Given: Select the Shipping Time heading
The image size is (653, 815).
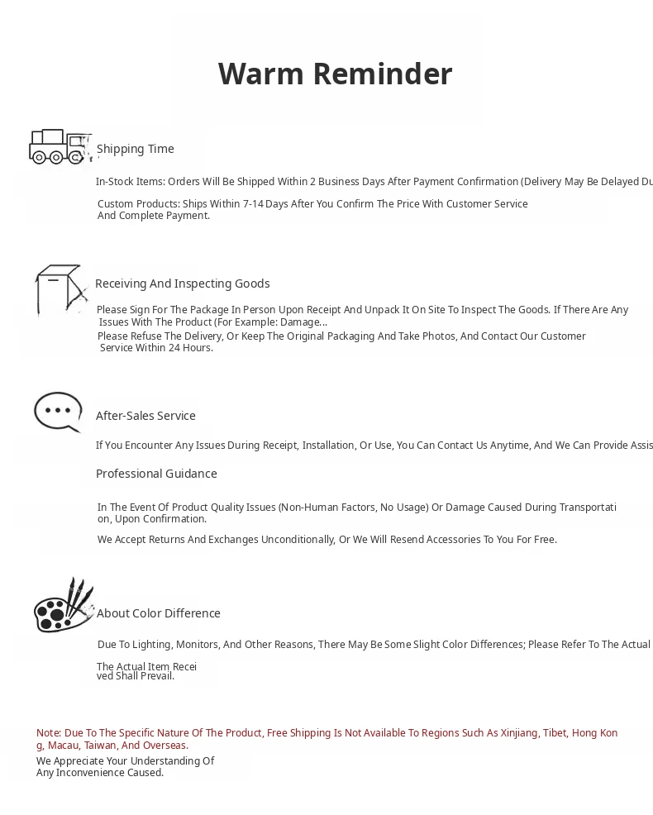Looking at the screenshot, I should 136,149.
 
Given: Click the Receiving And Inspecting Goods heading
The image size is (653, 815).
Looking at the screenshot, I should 183,284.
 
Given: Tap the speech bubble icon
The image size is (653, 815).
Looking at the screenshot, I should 58,412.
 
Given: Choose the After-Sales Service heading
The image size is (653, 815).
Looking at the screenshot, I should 145,416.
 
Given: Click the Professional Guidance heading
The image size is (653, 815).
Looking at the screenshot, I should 156,474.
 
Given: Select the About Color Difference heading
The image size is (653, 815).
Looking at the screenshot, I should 159,613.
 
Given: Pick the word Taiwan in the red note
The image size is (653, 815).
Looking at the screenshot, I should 100,746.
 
